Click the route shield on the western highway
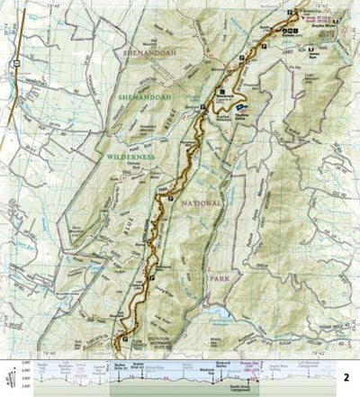15,63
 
